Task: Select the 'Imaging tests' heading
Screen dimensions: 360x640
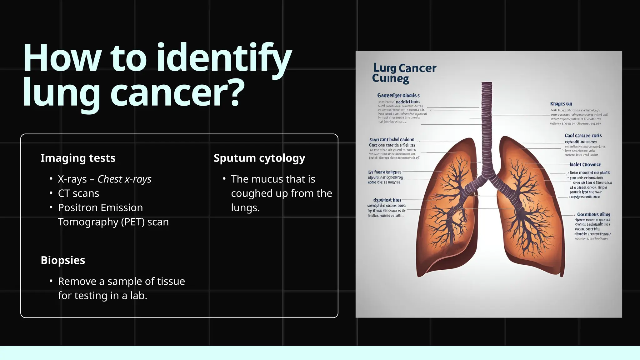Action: (x=78, y=158)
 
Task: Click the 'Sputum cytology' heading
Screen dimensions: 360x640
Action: (x=259, y=158)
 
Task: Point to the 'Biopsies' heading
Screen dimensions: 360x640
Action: (x=63, y=260)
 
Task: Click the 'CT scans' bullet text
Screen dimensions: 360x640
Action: (x=78, y=193)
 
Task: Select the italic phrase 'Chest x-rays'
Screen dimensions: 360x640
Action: (x=124, y=179)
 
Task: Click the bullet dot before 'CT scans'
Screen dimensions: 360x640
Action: (x=51, y=193)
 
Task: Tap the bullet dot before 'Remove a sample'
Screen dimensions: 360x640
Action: (x=51, y=281)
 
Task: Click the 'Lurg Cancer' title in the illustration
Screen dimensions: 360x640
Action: (x=405, y=68)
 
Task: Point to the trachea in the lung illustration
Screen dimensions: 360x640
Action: (x=487, y=125)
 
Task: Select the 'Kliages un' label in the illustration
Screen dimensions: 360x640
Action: (x=561, y=104)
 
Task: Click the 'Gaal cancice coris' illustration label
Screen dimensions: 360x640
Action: (x=583, y=136)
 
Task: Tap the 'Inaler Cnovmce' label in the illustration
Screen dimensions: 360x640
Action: (x=585, y=165)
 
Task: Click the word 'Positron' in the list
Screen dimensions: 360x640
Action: (x=77, y=207)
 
